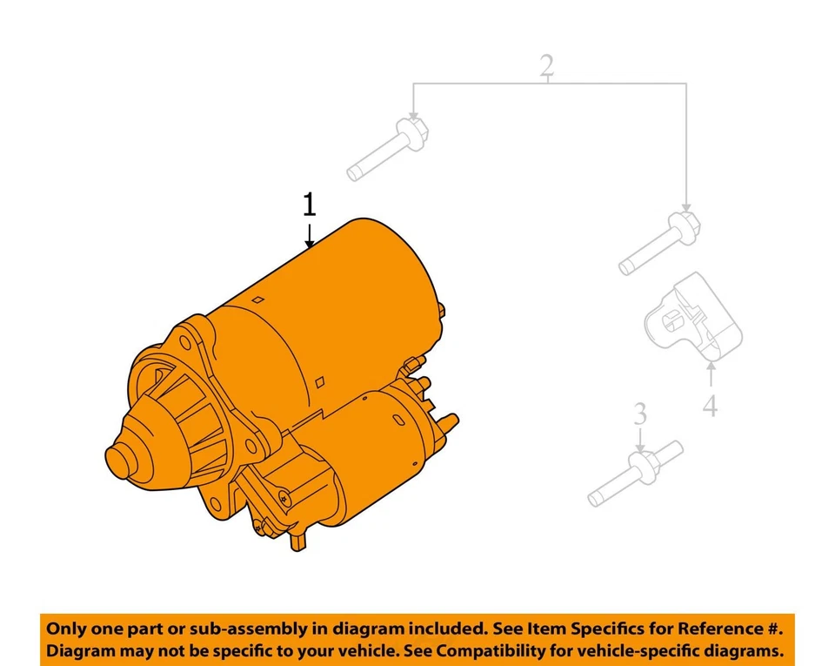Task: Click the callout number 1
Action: [x=309, y=205]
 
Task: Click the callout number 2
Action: [x=546, y=66]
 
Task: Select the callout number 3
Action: [x=640, y=414]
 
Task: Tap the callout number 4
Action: [x=711, y=405]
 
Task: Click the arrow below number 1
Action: [x=309, y=236]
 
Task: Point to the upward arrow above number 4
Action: [x=711, y=376]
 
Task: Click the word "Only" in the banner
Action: [x=66, y=629]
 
